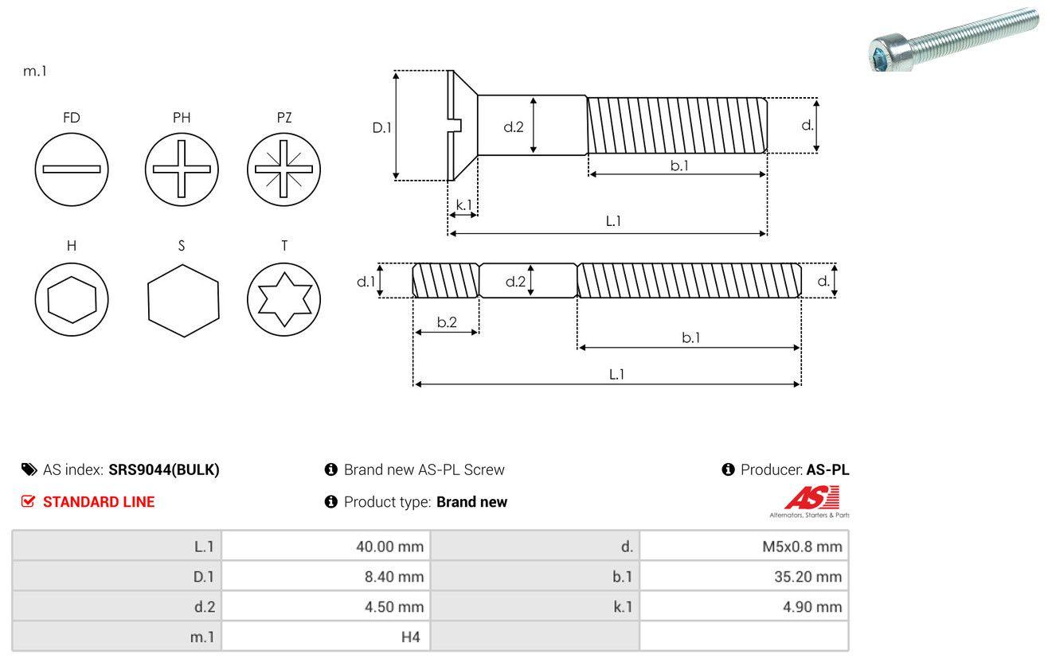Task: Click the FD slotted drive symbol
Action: click(72, 169)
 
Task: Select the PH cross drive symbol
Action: click(182, 169)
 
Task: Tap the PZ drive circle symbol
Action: click(284, 169)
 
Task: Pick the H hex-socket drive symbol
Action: click(72, 300)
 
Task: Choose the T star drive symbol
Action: click(284, 300)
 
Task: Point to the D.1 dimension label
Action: click(383, 127)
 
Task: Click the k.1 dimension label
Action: click(463, 204)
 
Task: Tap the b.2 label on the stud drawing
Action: click(447, 322)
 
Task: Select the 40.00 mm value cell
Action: click(326, 546)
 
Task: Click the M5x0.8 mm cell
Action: click(744, 546)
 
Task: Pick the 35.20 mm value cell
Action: click(744, 576)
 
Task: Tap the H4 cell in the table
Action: click(326, 637)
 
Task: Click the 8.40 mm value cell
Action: click(326, 576)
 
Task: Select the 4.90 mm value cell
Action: click(744, 606)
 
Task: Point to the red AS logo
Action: click(811, 499)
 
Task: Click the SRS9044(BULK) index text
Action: click(164, 469)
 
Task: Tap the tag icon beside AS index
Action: click(29, 469)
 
